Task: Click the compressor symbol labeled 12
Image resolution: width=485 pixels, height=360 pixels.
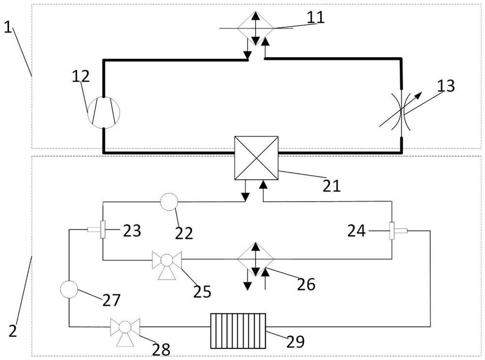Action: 103,112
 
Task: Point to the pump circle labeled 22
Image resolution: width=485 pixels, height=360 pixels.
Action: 169,202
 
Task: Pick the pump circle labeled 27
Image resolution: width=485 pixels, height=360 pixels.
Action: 69,290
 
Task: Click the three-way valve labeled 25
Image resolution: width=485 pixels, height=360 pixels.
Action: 167,260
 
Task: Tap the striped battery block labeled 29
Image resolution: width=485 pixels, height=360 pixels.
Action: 238,330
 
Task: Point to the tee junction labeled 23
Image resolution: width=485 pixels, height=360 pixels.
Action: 102,229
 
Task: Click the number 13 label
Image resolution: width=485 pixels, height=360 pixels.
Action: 445,86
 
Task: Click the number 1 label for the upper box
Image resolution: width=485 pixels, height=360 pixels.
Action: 8,27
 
